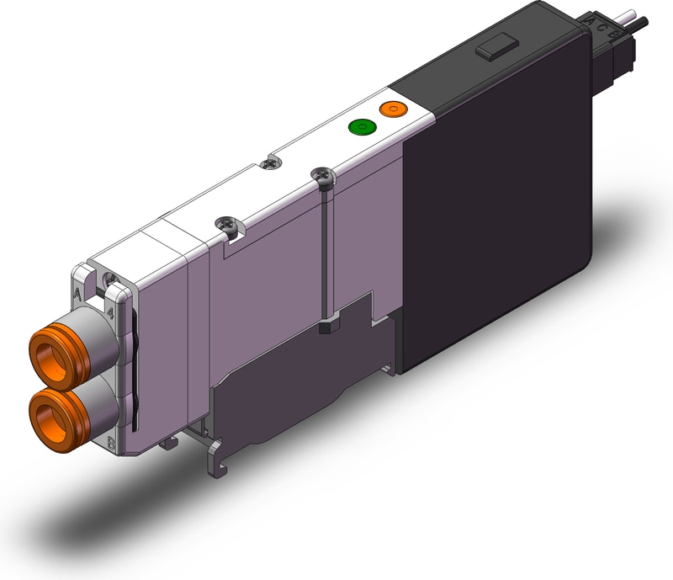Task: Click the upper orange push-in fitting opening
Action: pos(50,348)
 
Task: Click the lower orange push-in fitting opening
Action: pos(50,411)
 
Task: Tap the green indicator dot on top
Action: pos(362,128)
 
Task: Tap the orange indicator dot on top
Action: pos(392,109)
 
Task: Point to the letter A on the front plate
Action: pos(78,295)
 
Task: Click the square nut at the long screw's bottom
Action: pos(326,325)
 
